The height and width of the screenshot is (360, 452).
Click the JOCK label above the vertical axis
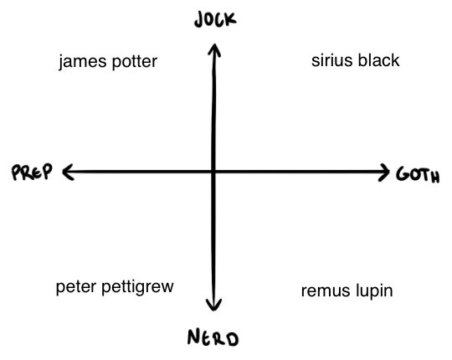[215, 19]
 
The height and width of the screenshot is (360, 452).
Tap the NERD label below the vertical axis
[213, 337]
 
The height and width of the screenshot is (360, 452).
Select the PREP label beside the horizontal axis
[32, 172]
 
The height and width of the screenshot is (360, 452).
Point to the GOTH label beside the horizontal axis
[418, 175]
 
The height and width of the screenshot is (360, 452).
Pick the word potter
[134, 62]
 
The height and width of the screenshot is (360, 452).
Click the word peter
[76, 287]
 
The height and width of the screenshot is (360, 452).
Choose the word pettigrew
[137, 287]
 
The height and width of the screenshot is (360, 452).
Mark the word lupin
[374, 291]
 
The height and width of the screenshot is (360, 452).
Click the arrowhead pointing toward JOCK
[214, 49]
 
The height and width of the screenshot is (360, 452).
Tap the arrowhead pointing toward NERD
[213, 305]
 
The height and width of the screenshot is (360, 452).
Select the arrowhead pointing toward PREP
[68, 172]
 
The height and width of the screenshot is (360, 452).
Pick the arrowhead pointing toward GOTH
[384, 172]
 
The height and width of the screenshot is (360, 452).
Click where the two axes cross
[213, 172]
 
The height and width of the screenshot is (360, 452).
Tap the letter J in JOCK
[199, 21]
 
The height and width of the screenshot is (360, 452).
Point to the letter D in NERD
[232, 339]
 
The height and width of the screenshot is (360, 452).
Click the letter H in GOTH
[434, 177]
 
